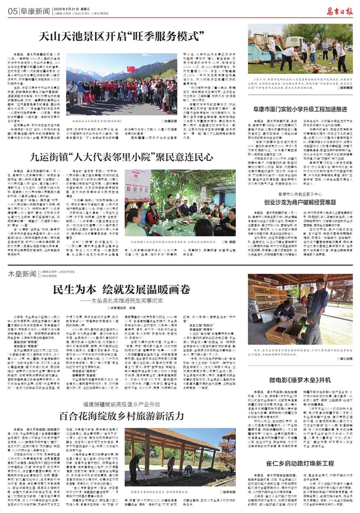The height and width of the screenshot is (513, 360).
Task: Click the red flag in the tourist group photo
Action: point(131,69)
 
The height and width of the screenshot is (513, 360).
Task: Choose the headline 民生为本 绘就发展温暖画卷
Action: point(122,290)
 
